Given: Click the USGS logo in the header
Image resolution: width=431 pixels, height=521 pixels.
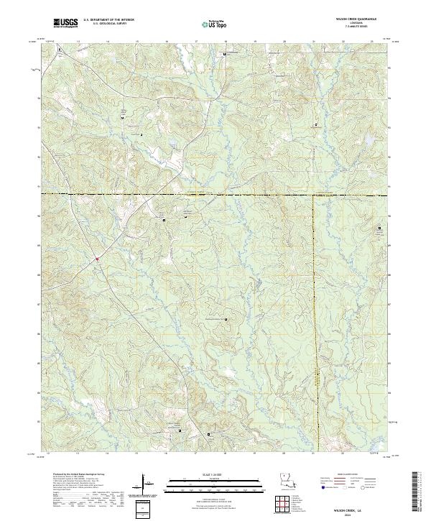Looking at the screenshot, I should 65,23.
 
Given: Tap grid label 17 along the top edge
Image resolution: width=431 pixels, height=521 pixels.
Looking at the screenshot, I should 196,42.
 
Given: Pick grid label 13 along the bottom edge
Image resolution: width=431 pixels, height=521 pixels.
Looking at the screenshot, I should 77,454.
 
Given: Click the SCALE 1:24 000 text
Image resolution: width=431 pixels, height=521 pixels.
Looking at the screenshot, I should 205,474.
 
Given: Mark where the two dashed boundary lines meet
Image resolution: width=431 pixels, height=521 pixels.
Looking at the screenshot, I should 314,195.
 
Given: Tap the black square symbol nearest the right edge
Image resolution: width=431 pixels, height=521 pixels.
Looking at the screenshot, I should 381,229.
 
